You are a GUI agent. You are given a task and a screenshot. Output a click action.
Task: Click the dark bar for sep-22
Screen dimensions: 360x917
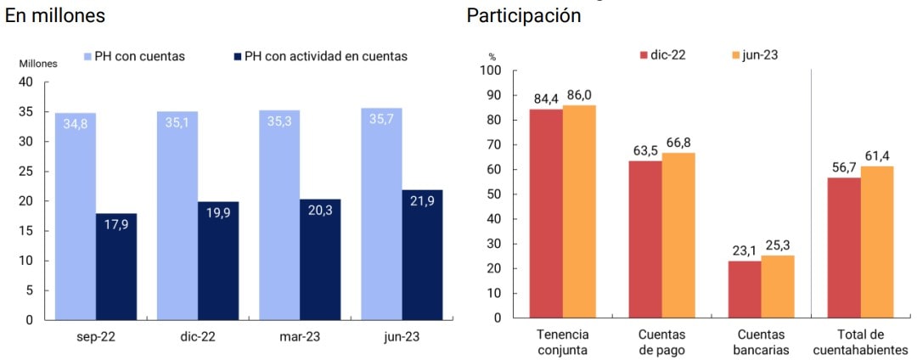pos(116,267)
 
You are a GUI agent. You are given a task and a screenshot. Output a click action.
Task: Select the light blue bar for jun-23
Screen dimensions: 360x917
pos(381,214)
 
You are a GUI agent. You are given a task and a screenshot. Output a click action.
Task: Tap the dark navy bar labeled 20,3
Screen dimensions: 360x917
pos(320,260)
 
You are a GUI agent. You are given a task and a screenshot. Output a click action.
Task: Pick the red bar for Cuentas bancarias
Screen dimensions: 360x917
pos(745,290)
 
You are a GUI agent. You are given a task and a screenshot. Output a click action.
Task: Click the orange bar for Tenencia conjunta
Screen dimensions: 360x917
pos(579,211)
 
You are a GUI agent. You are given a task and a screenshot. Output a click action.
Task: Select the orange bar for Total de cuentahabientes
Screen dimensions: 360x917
pos(878,242)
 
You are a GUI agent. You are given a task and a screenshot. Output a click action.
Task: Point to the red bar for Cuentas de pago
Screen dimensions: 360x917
pos(645,239)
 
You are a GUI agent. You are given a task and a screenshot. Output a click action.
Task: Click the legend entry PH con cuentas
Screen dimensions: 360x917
pos(133,56)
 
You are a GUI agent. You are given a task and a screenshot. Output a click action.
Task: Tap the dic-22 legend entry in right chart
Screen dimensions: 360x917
pos(662,54)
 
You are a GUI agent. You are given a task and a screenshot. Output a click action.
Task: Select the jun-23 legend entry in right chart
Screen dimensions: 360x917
pos(754,54)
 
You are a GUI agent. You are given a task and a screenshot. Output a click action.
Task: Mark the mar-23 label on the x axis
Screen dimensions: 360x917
pos(300,336)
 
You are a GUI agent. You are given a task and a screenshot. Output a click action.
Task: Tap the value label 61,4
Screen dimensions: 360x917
pos(878,156)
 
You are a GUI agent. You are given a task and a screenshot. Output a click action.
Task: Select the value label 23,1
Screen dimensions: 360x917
pos(744,250)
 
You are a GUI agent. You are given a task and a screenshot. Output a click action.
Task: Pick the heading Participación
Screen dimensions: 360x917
pos(524,15)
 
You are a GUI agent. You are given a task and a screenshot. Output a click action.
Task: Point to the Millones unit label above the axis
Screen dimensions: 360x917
pos(38,64)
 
